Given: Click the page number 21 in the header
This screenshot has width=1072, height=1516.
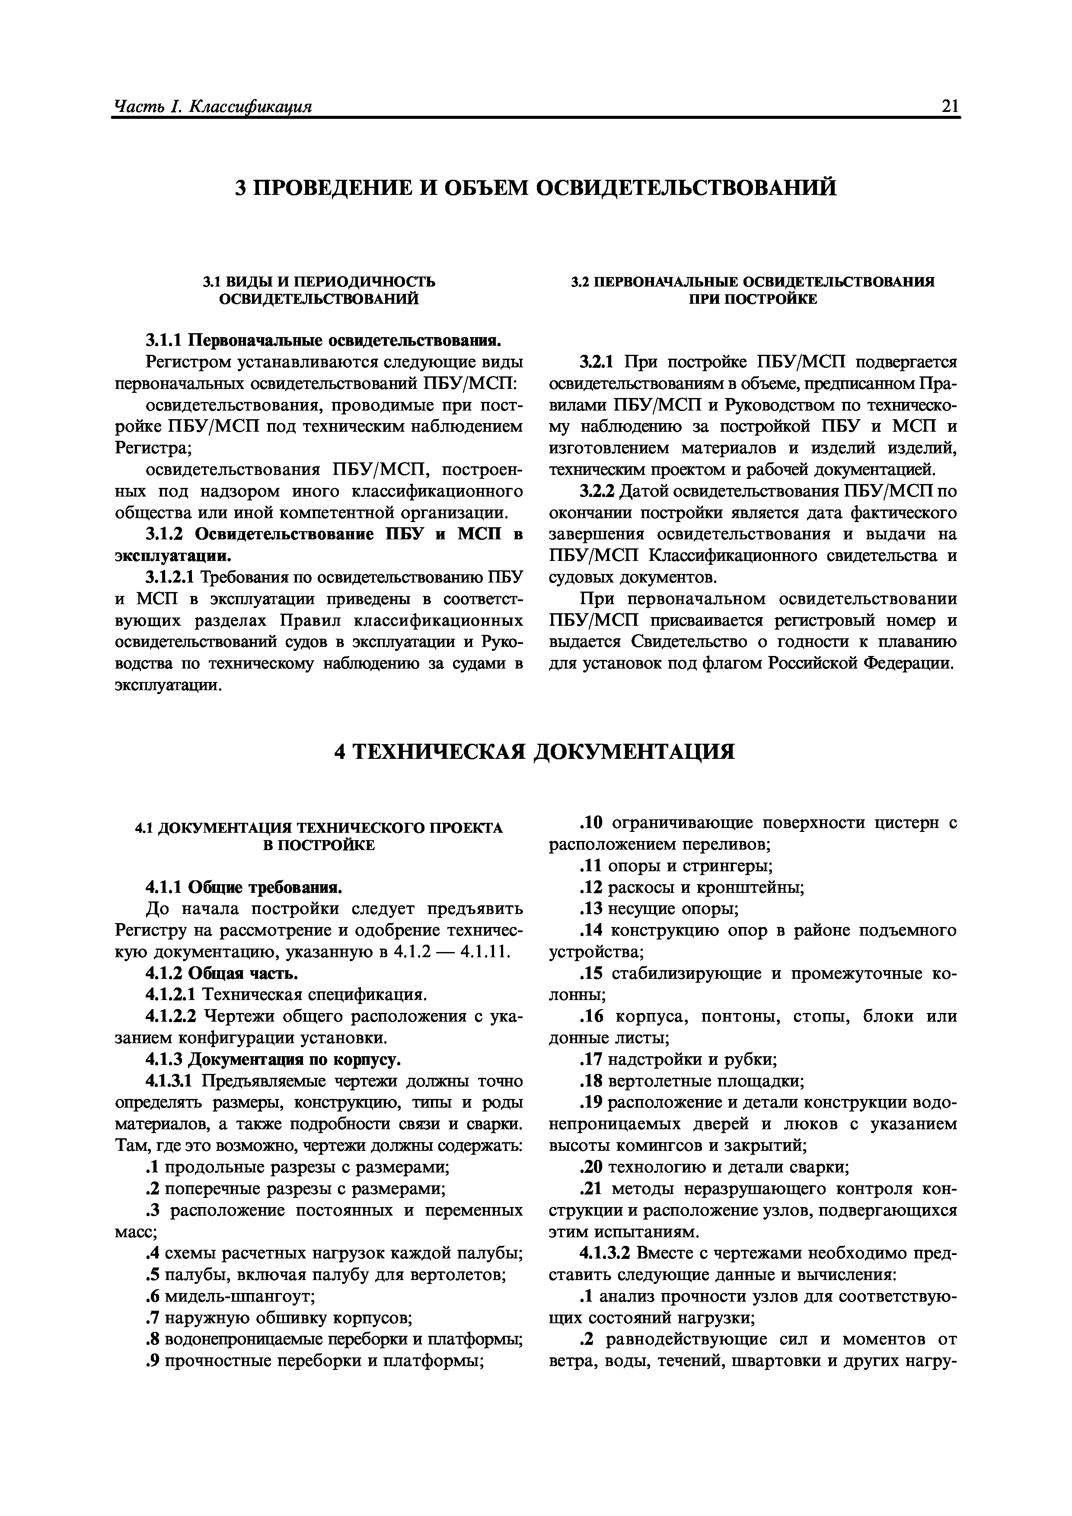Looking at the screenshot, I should (x=950, y=105).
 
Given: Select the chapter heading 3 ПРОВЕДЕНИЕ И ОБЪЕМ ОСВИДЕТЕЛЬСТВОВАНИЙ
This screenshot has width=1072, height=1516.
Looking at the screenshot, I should (x=536, y=188).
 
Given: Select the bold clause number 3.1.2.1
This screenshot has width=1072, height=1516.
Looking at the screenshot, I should (x=170, y=578).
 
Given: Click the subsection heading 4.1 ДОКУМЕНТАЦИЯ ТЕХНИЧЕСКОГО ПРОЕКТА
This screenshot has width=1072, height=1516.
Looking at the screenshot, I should (x=319, y=828).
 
